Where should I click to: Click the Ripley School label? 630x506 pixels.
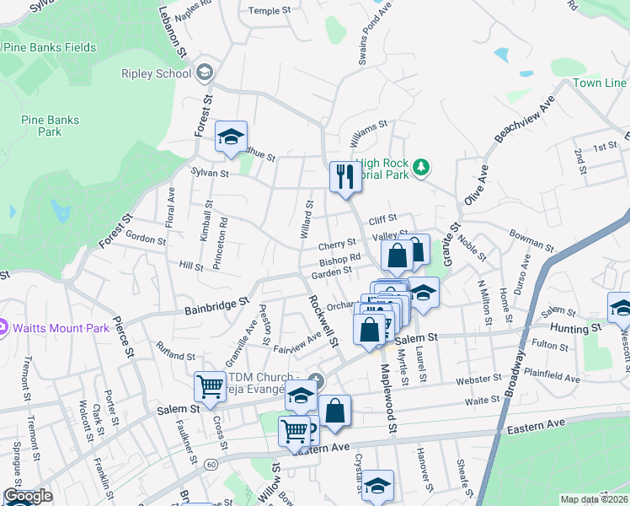pyautogui.click(x=156, y=73)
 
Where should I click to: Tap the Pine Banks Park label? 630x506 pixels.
pyautogui.click(x=51, y=126)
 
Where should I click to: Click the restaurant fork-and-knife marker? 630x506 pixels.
pyautogui.click(x=342, y=177)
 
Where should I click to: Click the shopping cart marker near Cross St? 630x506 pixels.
pyautogui.click(x=210, y=387)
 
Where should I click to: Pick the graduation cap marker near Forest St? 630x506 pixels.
pyautogui.click(x=230, y=137)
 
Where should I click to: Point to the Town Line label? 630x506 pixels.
pyautogui.click(x=599, y=83)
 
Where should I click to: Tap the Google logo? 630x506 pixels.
pyautogui.click(x=28, y=496)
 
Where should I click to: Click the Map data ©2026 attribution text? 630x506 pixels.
pyautogui.click(x=594, y=499)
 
